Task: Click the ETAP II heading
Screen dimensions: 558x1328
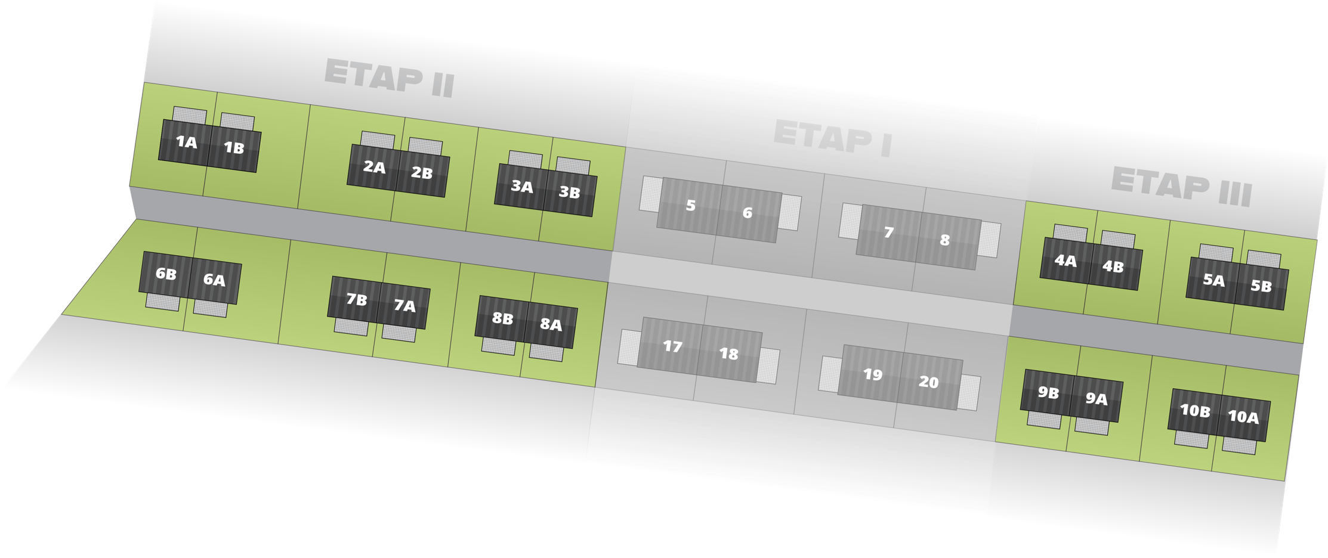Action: (390, 78)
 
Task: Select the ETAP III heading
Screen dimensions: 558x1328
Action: (1181, 187)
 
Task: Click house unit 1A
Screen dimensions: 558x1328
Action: (186, 142)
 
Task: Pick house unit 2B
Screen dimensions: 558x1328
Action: (422, 173)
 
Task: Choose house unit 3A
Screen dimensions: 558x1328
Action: (521, 187)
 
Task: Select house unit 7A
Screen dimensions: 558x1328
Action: (404, 306)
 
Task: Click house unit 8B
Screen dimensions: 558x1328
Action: (502, 318)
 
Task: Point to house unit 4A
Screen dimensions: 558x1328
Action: (1065, 261)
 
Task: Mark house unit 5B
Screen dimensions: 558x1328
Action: (1261, 286)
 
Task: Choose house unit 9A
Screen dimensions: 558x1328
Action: (1096, 398)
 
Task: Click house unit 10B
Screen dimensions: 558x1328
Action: (1194, 410)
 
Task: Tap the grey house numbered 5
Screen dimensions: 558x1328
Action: (690, 206)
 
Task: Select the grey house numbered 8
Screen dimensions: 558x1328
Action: (945, 240)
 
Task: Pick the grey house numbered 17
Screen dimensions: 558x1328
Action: (672, 346)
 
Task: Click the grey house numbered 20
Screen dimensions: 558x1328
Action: (928, 382)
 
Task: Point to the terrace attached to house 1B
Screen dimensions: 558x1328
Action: (237, 122)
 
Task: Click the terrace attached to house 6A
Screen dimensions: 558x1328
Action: (210, 308)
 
